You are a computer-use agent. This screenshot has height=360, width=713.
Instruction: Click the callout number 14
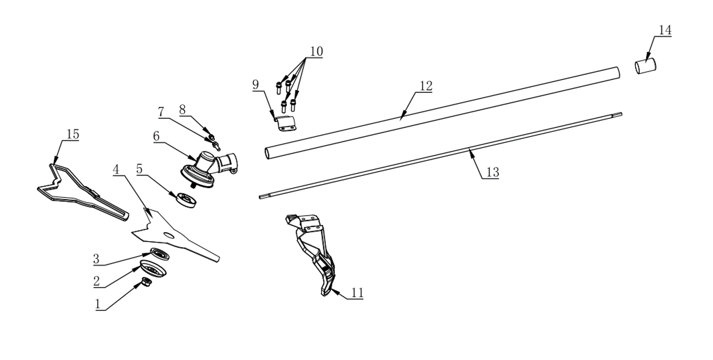click(665, 30)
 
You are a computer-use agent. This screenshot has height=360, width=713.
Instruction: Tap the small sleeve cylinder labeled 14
click(645, 66)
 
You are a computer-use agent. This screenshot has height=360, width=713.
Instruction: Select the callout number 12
click(426, 86)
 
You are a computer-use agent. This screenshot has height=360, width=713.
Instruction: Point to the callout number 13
click(492, 172)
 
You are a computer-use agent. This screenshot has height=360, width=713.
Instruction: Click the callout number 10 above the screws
click(316, 52)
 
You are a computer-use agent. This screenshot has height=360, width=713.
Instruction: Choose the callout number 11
click(357, 293)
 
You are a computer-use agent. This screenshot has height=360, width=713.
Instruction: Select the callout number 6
click(156, 136)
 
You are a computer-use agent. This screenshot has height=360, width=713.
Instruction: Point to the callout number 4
click(116, 170)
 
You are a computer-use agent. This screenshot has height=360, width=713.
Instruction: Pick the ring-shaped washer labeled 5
click(186, 200)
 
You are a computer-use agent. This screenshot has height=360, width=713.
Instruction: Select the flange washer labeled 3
click(160, 254)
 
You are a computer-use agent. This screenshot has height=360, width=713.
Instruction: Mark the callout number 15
click(73, 134)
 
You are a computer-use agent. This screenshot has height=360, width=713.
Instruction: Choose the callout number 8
click(182, 110)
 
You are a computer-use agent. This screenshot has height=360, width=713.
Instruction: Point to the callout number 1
click(98, 304)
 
